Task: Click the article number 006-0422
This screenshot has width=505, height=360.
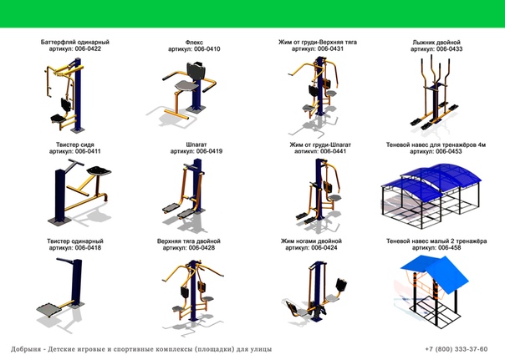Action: point(88,49)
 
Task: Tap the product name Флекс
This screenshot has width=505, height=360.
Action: point(194,42)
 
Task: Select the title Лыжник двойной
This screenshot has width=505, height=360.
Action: point(436,42)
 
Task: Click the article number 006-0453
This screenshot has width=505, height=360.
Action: point(448,151)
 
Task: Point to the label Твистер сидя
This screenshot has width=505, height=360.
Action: point(75,145)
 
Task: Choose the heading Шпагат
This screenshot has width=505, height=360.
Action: point(196,145)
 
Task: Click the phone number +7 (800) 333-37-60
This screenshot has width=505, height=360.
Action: point(457,349)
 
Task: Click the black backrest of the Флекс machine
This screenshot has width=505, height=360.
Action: point(196,71)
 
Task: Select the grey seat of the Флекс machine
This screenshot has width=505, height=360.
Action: point(186,85)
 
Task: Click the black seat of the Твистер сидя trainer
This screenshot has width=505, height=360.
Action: point(99,170)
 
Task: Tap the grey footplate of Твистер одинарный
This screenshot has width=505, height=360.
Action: point(49,310)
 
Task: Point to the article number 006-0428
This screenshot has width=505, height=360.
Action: point(201,248)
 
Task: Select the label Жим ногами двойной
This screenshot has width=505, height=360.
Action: point(311,241)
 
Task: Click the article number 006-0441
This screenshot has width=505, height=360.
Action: point(333,151)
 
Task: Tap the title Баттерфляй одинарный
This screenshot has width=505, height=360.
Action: point(75,42)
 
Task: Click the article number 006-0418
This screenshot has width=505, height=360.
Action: point(88,248)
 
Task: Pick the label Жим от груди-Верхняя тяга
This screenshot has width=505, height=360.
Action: point(318,42)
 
